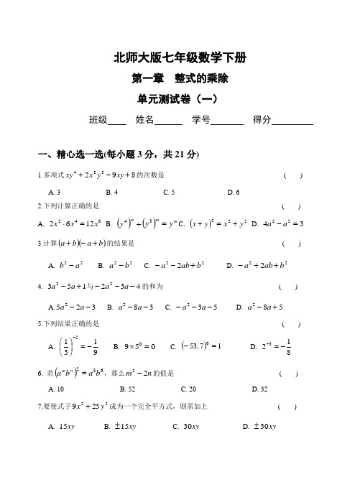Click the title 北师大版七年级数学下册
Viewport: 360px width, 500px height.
coord(180,57)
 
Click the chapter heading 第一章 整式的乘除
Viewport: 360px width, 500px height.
coord(180,78)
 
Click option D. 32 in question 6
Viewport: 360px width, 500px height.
coord(260,389)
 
